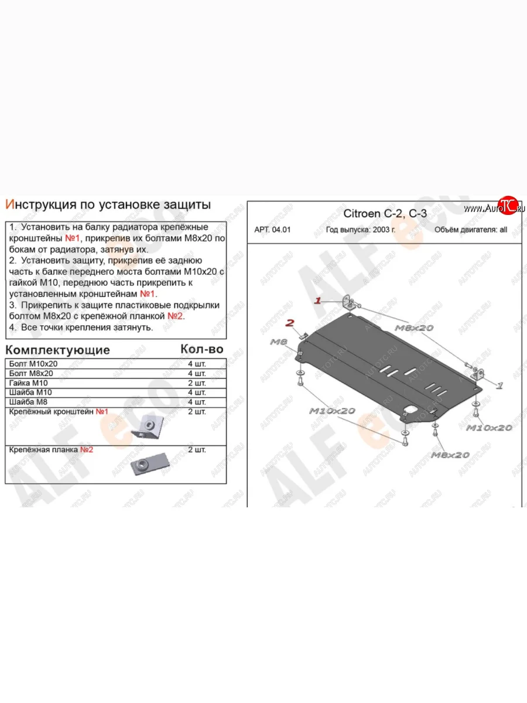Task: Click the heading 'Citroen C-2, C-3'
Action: [x=384, y=214]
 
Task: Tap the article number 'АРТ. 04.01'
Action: [x=272, y=230]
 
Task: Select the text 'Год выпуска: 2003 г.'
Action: [x=361, y=230]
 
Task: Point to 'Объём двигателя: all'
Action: [x=471, y=230]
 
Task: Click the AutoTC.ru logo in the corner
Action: [x=495, y=207]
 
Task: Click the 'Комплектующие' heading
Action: [x=57, y=350]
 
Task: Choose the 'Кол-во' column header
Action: [x=202, y=349]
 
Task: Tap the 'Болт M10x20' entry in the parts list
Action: [x=35, y=364]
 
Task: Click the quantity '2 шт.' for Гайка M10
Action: [x=196, y=383]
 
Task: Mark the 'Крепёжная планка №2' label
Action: [x=52, y=450]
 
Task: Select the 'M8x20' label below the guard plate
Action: [x=450, y=455]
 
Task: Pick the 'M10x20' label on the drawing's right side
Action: [x=489, y=428]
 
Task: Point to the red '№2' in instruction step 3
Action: [x=176, y=316]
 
